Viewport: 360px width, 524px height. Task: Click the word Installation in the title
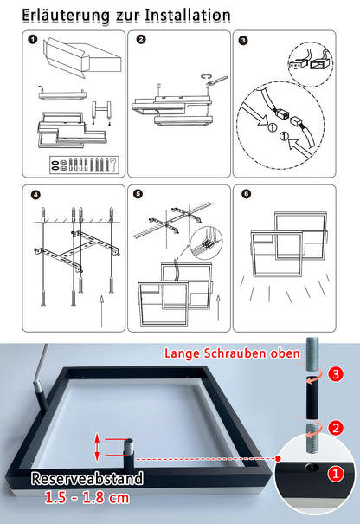pos(188,16)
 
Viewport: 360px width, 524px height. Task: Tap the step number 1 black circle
pos(33,40)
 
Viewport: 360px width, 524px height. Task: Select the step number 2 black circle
pos(141,40)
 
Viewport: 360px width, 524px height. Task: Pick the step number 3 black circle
pos(243,41)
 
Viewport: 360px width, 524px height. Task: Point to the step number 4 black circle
pos(35,195)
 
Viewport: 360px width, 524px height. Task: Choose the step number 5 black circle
pos(138,194)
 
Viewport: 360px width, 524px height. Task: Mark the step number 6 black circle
pos(247,194)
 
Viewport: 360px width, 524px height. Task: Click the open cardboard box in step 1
pos(81,57)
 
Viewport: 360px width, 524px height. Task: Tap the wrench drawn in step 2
pos(216,81)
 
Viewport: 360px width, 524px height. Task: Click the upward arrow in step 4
pos(101,311)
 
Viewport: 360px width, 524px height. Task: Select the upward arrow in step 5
pos(218,307)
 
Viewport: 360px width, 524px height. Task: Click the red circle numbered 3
pos(336,374)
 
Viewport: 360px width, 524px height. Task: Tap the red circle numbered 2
pos(336,428)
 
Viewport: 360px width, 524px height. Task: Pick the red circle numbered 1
pos(336,474)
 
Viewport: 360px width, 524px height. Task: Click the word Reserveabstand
pos(87,478)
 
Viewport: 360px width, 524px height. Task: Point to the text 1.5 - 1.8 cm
pos(87,498)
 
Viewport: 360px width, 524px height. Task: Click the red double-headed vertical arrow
pos(97,447)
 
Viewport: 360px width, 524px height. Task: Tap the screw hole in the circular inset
pos(312,467)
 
